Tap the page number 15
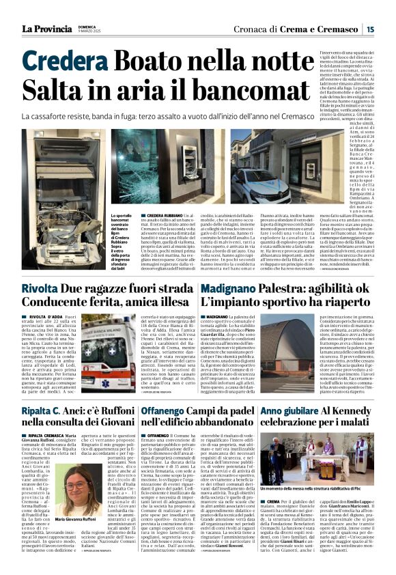[x=369, y=29]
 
